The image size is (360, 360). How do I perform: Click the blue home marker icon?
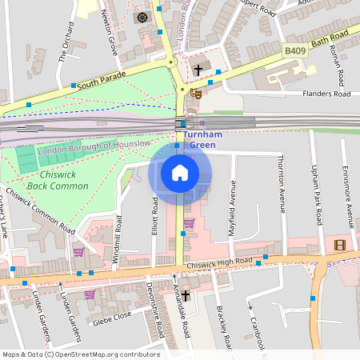(180, 173)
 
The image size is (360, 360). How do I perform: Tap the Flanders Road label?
(326, 94)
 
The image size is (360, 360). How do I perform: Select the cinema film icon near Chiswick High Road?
(341, 244)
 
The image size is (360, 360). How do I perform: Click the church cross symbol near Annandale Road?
(186, 296)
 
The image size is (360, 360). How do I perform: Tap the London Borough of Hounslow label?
(94, 145)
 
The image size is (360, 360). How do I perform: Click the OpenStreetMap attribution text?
(81, 354)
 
